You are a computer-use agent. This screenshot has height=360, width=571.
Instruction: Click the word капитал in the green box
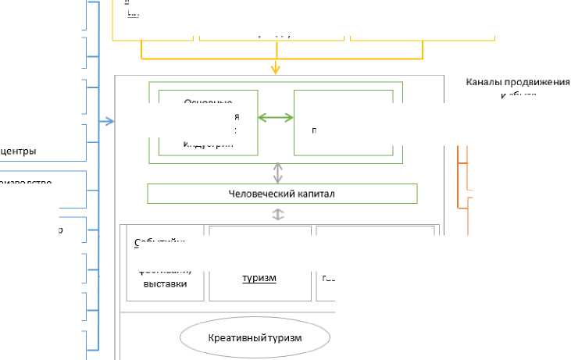click(x=316, y=194)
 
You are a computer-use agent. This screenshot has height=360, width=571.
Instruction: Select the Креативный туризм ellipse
click(x=255, y=338)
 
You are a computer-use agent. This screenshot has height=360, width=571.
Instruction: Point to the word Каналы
click(x=484, y=82)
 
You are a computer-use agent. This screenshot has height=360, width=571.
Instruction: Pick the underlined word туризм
click(x=259, y=278)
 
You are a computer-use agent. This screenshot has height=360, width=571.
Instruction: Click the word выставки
click(x=166, y=284)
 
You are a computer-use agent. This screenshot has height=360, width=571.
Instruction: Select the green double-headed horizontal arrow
click(x=276, y=118)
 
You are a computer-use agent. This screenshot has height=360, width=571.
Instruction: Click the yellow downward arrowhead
click(x=276, y=70)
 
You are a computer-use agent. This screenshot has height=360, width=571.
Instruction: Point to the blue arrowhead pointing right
click(x=110, y=121)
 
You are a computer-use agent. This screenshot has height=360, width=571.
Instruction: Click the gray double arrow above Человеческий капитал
click(x=277, y=173)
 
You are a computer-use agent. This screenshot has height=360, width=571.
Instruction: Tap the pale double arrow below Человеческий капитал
click(x=277, y=214)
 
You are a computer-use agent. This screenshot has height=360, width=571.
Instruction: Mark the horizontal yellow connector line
click(x=281, y=59)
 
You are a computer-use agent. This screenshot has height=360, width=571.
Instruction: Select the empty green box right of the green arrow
click(x=343, y=123)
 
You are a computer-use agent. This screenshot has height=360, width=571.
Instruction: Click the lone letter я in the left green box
click(x=236, y=117)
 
